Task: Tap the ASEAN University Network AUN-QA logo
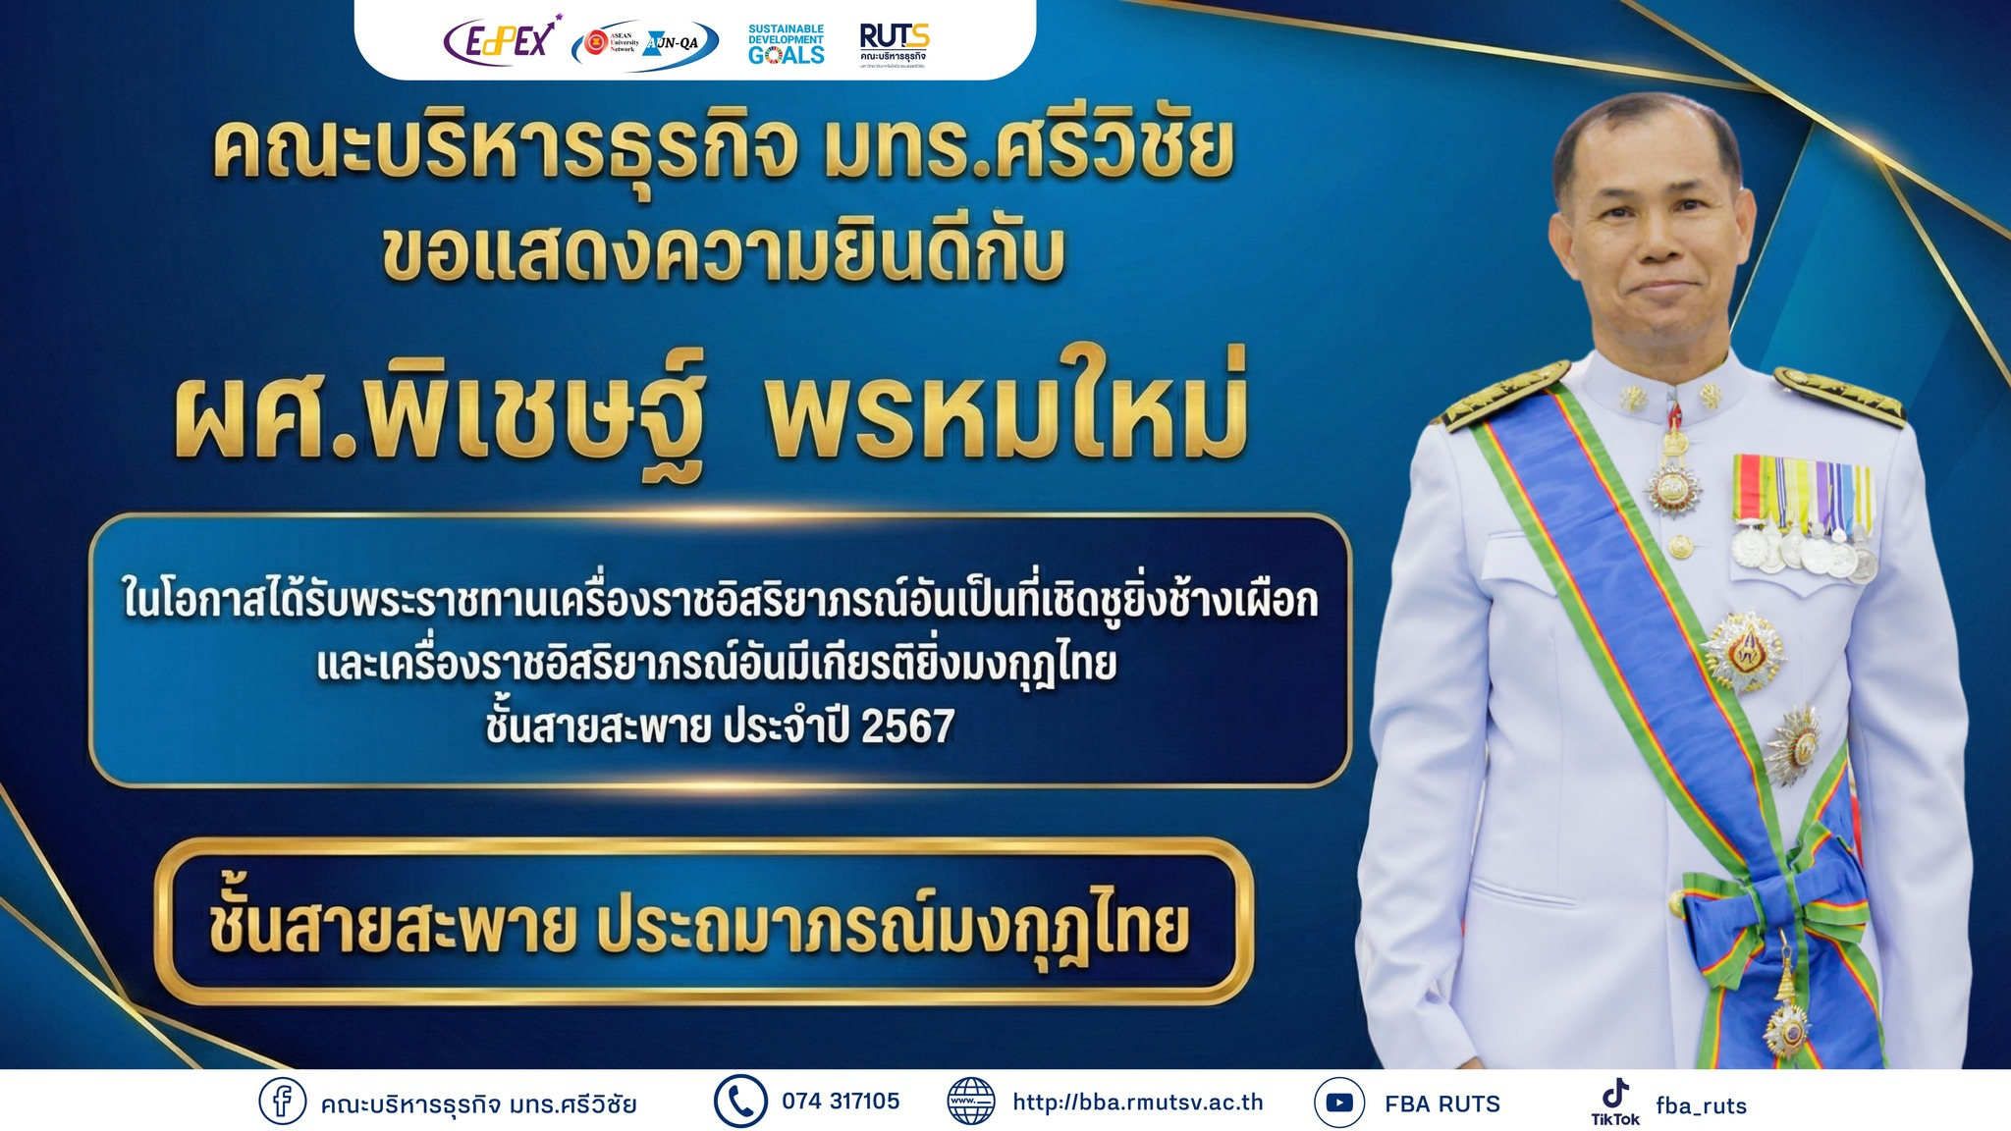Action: pyautogui.click(x=645, y=43)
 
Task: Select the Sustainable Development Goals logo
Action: pyautogui.click(x=786, y=44)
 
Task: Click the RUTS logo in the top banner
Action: pyautogui.click(x=894, y=42)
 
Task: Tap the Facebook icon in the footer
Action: pyautogui.click(x=282, y=1102)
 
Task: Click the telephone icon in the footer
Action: pyautogui.click(x=739, y=1102)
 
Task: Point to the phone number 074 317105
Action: pyautogui.click(x=841, y=1102)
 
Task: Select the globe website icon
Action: pyautogui.click(x=970, y=1102)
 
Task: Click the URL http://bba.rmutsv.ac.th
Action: pyautogui.click(x=1138, y=1103)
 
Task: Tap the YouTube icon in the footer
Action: pyautogui.click(x=1339, y=1103)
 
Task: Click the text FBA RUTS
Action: pyautogui.click(x=1442, y=1104)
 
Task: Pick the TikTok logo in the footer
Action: pyautogui.click(x=1615, y=1102)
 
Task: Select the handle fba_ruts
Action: pyautogui.click(x=1702, y=1106)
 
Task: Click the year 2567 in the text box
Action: pyautogui.click(x=908, y=727)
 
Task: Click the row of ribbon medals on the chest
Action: pyautogui.click(x=1804, y=515)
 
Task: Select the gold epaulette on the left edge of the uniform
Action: pyautogui.click(x=1504, y=394)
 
